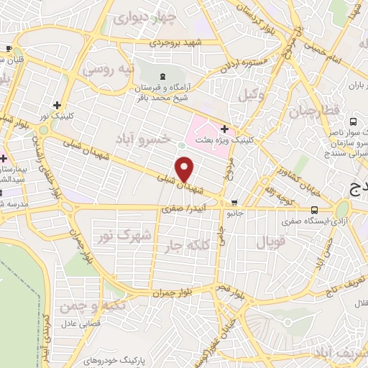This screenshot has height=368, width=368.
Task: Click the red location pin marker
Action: tap(185, 169)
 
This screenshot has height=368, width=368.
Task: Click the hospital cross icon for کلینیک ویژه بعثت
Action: tap(225, 129)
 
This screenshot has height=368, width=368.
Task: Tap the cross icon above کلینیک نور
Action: tap(67, 105)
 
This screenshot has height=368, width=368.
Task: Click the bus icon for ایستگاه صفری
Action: tap(314, 210)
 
